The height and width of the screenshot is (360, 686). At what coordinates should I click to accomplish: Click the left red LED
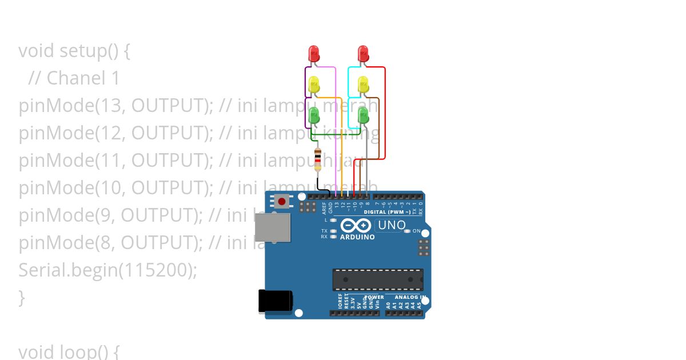(x=314, y=54)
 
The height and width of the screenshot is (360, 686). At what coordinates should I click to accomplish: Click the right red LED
(x=363, y=54)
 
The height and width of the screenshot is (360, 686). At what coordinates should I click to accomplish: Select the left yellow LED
(x=314, y=85)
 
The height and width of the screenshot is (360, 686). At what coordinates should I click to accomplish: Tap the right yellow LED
(x=363, y=85)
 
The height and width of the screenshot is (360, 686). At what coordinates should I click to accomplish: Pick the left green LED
(x=314, y=115)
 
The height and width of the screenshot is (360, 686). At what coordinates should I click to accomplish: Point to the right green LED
(x=363, y=115)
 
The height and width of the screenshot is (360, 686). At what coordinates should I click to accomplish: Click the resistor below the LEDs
(x=318, y=158)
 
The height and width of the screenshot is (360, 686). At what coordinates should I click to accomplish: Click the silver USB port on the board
(x=273, y=227)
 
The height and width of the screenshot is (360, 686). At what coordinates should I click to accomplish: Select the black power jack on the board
(x=275, y=301)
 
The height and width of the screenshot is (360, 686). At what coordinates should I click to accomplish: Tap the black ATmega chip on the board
(x=378, y=279)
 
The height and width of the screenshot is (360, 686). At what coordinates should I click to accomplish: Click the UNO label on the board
(x=392, y=225)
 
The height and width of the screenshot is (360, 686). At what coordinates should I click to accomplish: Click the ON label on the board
(x=417, y=231)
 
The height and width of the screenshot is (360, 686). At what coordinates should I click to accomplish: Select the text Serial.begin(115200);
(x=107, y=270)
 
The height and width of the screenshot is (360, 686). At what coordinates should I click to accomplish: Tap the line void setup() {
(x=74, y=51)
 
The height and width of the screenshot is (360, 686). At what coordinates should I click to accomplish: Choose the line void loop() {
(x=69, y=350)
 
